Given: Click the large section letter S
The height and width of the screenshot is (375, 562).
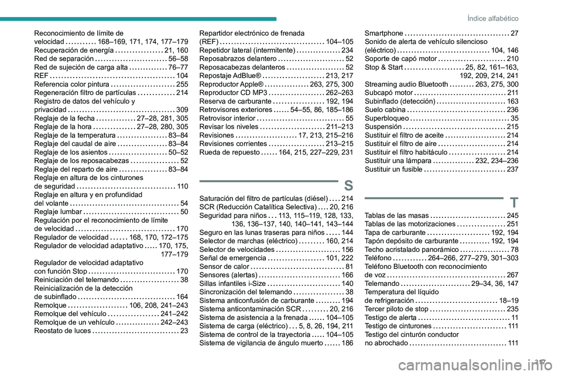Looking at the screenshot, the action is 348,186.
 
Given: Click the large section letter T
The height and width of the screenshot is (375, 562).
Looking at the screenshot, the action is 513,203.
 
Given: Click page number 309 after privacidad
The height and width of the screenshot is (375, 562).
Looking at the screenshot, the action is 181,109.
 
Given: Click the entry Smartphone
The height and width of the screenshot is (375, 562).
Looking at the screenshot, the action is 383,33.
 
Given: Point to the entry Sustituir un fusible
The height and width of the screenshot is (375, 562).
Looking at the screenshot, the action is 392,169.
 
